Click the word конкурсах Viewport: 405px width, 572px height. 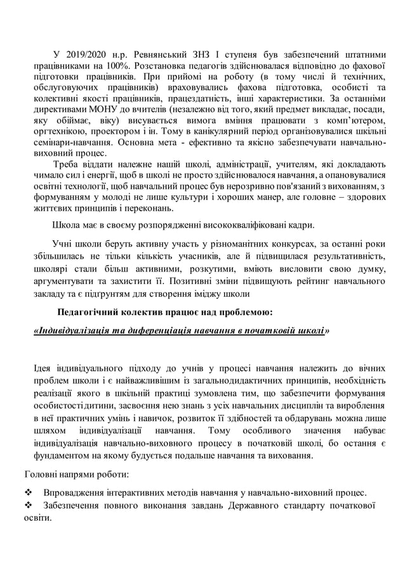pos(307,245)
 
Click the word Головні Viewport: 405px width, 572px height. pos(41,474)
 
